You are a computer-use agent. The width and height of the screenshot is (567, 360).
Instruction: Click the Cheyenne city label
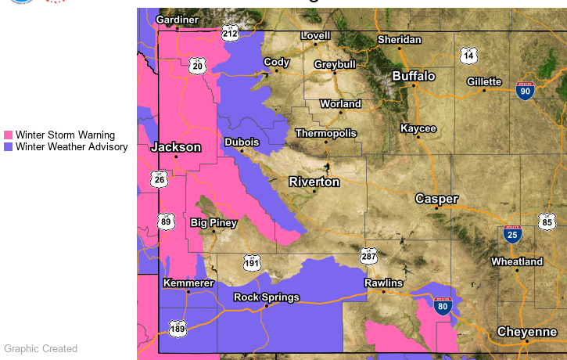(x=527, y=332)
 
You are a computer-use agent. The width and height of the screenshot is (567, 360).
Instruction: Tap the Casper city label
(x=436, y=199)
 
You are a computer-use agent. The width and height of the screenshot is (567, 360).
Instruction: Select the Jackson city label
(x=176, y=147)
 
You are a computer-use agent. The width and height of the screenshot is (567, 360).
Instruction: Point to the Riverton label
(x=314, y=182)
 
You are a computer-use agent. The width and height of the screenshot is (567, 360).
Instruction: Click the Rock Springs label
(x=267, y=297)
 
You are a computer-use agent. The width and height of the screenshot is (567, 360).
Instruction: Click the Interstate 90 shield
(x=526, y=91)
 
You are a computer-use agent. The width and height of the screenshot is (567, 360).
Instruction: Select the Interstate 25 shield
(x=513, y=233)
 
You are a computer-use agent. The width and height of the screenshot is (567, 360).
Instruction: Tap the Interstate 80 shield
(x=443, y=307)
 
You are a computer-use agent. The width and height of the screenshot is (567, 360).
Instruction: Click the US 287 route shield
(x=369, y=256)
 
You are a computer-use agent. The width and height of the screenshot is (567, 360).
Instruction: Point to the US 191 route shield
(x=251, y=262)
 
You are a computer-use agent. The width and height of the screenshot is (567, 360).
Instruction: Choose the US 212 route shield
(x=230, y=33)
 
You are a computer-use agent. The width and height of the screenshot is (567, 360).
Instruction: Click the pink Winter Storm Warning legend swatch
(x=9, y=135)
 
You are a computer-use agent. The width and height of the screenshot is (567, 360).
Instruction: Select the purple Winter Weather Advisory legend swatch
(x=9, y=146)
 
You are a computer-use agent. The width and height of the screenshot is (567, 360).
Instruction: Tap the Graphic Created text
(x=41, y=349)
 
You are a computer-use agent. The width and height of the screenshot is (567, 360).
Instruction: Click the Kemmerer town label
(x=188, y=283)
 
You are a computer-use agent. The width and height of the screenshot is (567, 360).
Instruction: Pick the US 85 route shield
(x=547, y=222)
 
